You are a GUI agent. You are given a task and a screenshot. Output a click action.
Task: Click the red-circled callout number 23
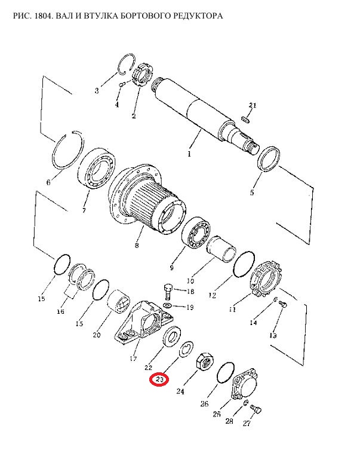(159, 380)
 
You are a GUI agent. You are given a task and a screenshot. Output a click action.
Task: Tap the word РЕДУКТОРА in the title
(198, 16)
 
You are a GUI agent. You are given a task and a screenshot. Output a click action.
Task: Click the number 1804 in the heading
(43, 16)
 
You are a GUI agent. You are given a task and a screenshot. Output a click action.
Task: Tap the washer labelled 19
(168, 305)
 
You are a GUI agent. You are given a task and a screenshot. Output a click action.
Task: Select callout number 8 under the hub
(137, 246)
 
